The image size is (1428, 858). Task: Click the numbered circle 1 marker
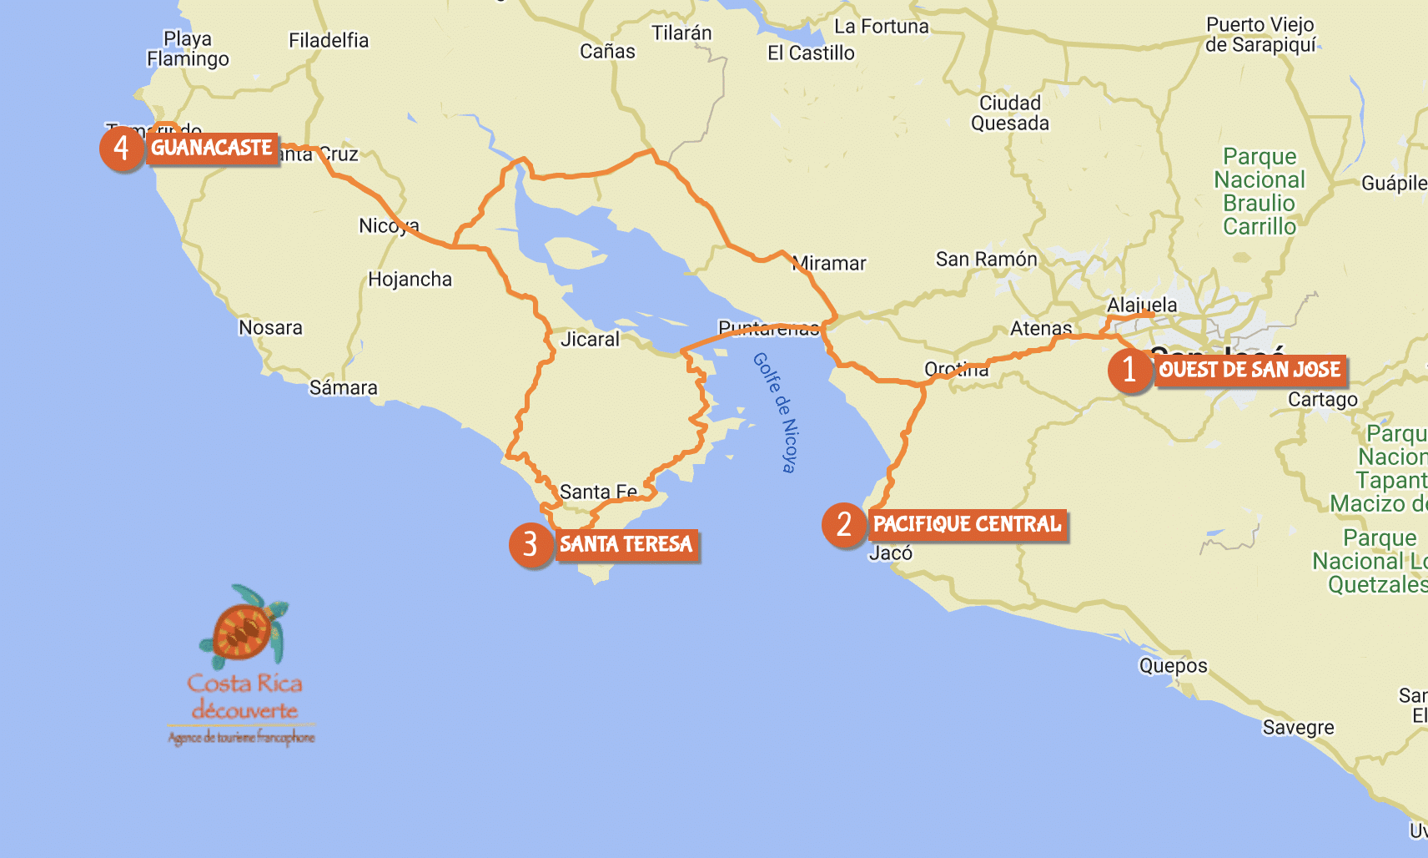coord(1129,369)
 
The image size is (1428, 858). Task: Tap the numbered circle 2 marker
coord(843,525)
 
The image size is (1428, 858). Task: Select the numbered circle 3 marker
coord(530,545)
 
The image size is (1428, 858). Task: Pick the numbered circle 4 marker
coord(121,149)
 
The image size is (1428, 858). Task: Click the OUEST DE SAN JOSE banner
coord(1249,370)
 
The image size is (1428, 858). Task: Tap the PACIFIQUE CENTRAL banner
coord(967,524)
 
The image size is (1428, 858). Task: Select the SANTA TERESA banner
coord(626,545)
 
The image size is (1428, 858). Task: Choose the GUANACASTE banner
coord(212,148)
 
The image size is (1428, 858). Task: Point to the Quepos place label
coord(1173,666)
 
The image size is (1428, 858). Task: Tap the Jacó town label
coord(890,553)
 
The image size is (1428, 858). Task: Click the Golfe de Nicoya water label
coord(776,412)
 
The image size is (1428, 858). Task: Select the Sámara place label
coord(343,388)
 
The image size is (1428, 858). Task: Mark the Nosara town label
coord(270,328)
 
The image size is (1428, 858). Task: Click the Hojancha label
coord(410,280)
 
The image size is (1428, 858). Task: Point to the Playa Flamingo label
coord(188,49)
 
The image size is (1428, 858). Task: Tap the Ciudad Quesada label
coord(1009,114)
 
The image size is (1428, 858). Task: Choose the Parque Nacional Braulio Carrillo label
coord(1259,192)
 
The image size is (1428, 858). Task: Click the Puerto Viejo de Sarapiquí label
coord(1260,35)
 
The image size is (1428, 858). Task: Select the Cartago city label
coord(1322,400)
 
